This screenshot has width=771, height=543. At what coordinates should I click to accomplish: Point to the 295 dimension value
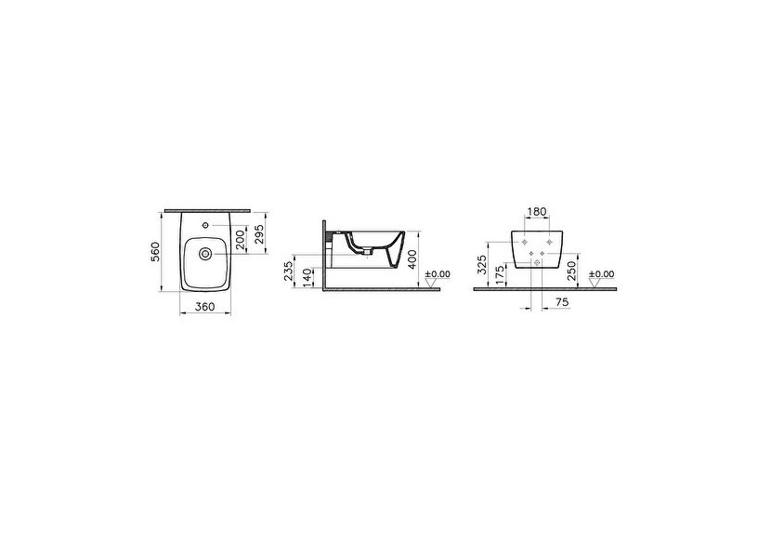click(260, 234)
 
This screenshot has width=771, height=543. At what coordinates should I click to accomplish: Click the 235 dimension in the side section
click(289, 271)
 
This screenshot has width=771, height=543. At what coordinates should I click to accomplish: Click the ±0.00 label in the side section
click(437, 274)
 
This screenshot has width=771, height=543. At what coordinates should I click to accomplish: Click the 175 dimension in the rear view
click(500, 274)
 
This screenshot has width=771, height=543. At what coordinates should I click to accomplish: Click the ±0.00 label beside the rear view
click(601, 274)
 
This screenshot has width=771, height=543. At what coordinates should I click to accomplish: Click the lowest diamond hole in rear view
click(537, 263)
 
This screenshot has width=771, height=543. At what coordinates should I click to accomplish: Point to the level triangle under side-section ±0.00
click(429, 285)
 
